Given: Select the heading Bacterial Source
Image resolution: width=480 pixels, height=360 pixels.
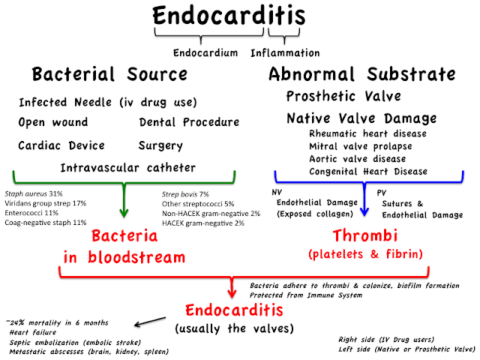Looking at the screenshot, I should (x=109, y=74).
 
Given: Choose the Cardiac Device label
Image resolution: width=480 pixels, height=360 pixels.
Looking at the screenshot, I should (x=61, y=145).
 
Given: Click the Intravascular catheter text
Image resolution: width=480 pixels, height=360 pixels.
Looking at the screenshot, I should (x=127, y=166).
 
